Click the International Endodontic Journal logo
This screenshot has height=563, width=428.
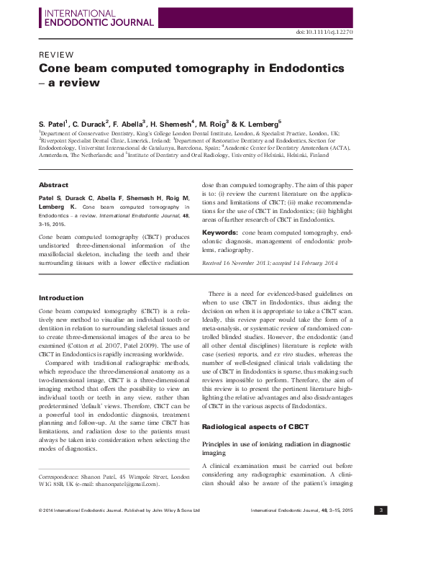click(99, 17)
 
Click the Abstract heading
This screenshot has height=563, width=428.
click(53, 185)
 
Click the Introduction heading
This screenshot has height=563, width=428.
click(61, 297)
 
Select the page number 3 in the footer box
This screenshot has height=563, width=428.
click(382, 510)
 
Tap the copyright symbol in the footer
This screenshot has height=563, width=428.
click(40, 510)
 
